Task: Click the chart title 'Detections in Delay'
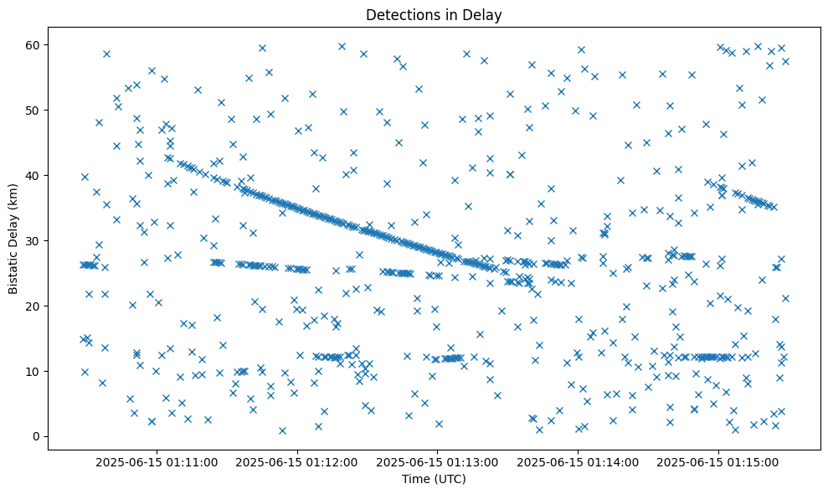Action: point(434,14)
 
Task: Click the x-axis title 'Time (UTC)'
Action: point(434,479)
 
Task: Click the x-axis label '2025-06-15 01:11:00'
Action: point(157,461)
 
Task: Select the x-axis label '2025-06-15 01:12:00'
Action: point(297,461)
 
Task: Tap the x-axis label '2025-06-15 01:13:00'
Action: point(437,461)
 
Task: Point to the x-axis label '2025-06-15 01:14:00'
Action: point(578,461)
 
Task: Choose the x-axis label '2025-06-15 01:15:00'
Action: point(718,461)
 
